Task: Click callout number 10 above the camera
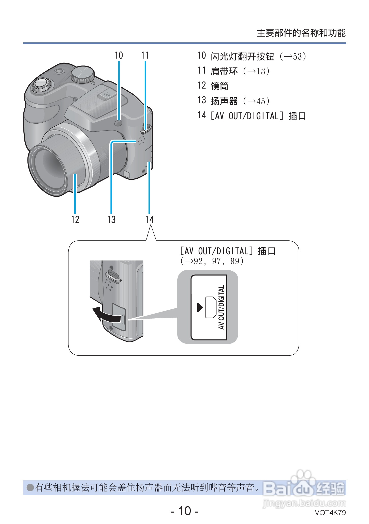pyautogui.click(x=119, y=55)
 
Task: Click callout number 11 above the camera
pyautogui.click(x=145, y=55)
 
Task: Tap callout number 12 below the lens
pyautogui.click(x=75, y=219)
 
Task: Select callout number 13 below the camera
pyautogui.click(x=111, y=219)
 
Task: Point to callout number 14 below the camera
pyautogui.click(x=149, y=219)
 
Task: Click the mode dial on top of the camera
pyautogui.click(x=82, y=74)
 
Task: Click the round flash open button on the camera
pyautogui.click(x=119, y=123)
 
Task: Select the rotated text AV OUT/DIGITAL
pyautogui.click(x=222, y=307)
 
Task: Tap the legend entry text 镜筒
pyautogui.click(x=219, y=86)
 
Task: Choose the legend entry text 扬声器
pyautogui.click(x=224, y=101)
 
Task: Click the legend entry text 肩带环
pyautogui.click(x=224, y=71)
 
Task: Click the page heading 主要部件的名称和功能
pyautogui.click(x=301, y=33)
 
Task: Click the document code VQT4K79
pyautogui.click(x=330, y=513)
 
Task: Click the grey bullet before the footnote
pyautogui.click(x=31, y=487)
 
